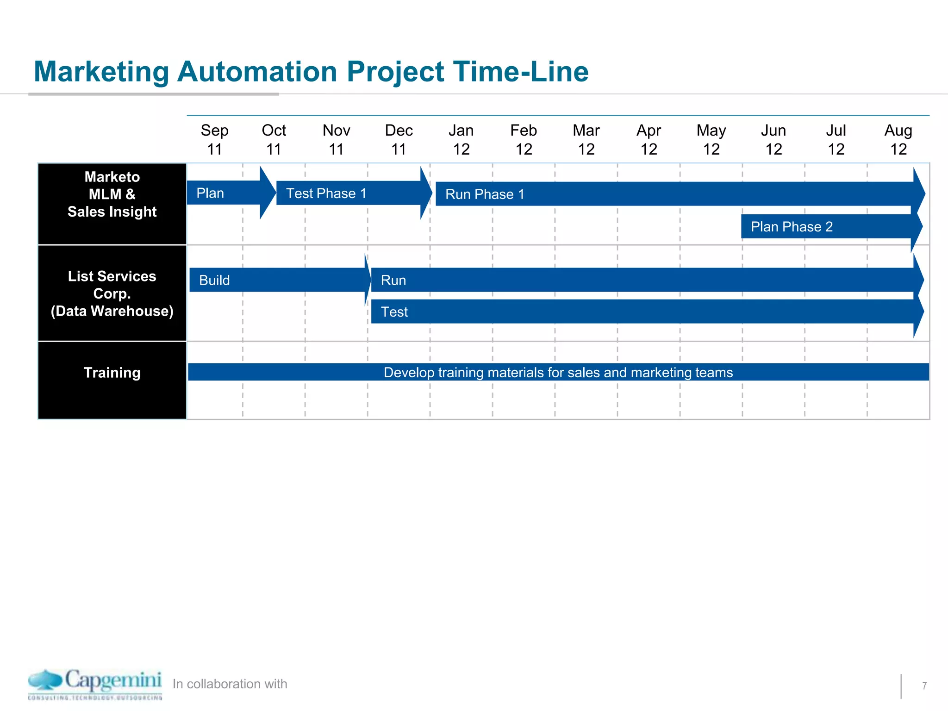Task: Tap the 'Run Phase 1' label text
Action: [x=485, y=194]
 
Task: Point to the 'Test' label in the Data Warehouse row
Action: [x=394, y=312]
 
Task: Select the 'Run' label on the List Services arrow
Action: [x=393, y=280]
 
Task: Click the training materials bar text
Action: [x=558, y=372]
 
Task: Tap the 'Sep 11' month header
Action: [x=214, y=139]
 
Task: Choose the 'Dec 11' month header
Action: [x=399, y=139]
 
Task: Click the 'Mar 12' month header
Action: [x=586, y=139]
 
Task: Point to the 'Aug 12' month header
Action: [x=898, y=139]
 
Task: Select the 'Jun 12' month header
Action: [x=773, y=139]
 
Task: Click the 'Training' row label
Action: [x=112, y=373]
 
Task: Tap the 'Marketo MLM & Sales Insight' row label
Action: [x=112, y=194]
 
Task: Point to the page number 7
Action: [x=924, y=686]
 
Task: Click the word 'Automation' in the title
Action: [x=257, y=72]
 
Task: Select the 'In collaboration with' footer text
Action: [x=230, y=684]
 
